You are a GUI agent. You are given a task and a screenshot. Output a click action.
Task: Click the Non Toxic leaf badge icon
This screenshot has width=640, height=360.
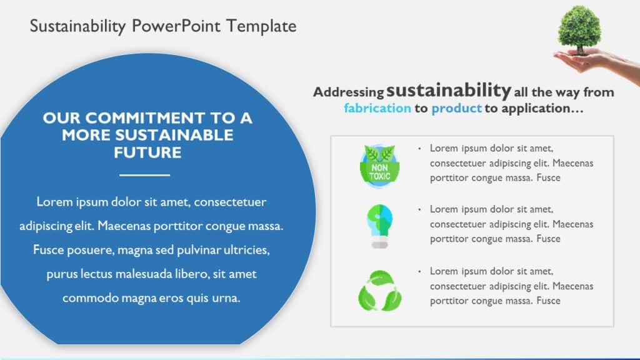pos(379,164)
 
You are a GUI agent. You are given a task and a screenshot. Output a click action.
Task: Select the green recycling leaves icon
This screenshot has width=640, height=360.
pos(379,290)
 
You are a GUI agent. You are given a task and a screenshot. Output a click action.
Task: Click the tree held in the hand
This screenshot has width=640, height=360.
pos(579,28)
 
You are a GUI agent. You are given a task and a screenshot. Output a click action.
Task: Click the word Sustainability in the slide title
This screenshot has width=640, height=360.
pos(79,26)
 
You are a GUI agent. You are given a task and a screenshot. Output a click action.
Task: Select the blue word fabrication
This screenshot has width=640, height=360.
pos(377,108)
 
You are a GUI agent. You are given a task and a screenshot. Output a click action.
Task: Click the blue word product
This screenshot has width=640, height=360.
pos(456,108)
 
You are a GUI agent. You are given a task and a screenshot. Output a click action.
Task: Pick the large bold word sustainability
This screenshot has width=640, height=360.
pos(449,90)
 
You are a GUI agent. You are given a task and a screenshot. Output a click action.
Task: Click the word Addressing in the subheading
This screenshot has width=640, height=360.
pos(348,92)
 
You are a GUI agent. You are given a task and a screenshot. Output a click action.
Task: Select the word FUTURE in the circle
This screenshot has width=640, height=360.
pos(147,152)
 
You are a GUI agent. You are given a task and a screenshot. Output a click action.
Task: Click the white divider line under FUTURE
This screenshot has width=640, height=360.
pos(144,174)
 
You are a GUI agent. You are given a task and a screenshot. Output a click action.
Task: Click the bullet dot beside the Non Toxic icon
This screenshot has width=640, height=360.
pos(419,148)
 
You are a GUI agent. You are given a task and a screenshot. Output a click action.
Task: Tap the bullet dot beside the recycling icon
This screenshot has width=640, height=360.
pos(419,271)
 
